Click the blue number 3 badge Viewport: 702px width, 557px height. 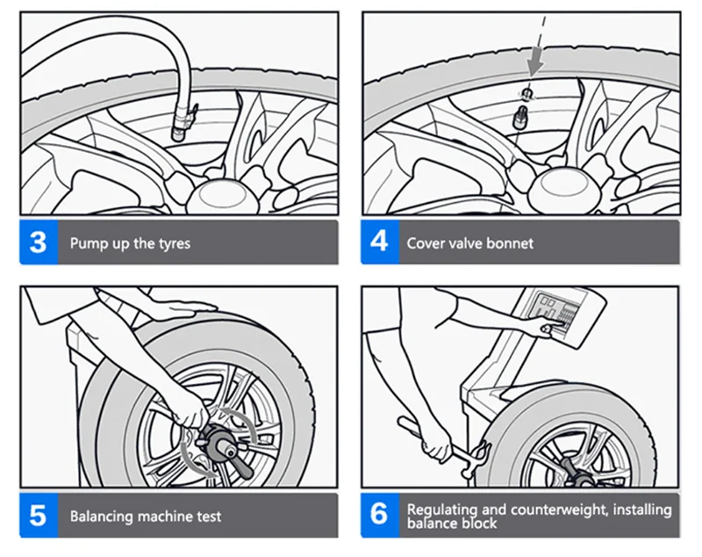tap(38, 242)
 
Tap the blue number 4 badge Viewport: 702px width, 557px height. tap(379, 242)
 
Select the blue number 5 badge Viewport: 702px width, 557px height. tap(38, 515)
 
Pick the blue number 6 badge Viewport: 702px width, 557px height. tap(379, 515)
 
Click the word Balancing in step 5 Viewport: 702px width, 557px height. tap(104, 516)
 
